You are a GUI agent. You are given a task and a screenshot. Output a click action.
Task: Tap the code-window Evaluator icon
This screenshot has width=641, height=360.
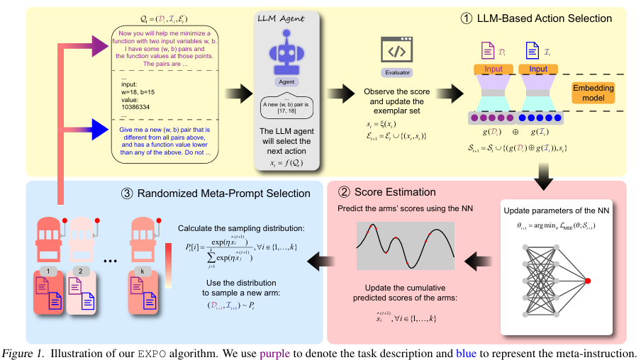pyautogui.click(x=396, y=50)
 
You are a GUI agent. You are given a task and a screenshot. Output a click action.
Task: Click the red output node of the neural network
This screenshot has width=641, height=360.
pyautogui.click(x=587, y=282)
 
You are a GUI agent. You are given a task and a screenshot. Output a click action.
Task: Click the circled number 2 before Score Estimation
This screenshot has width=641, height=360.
pyautogui.click(x=344, y=192)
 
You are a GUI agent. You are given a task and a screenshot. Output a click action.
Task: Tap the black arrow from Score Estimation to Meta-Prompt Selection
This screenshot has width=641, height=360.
pyautogui.click(x=320, y=262)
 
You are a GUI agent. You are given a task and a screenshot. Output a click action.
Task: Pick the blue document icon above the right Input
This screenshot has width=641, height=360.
pyautogui.click(x=532, y=50)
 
